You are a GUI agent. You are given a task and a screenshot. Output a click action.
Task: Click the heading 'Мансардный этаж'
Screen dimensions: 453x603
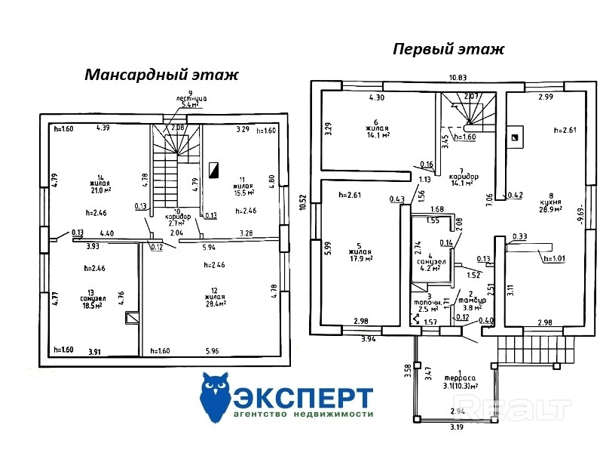click(x=161, y=75)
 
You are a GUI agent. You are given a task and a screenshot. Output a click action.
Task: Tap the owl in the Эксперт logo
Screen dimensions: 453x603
click(x=216, y=398)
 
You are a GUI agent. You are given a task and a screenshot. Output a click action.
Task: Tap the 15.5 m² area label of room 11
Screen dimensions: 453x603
click(x=242, y=193)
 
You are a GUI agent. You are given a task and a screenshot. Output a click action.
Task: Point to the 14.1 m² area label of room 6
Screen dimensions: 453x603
click(x=375, y=135)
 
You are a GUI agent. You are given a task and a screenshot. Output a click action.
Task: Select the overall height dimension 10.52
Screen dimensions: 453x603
click(x=302, y=202)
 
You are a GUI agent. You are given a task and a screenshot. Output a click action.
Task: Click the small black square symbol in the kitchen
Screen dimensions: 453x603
click(x=515, y=137)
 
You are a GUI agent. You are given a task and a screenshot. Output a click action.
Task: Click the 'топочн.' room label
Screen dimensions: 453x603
click(x=430, y=300)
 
